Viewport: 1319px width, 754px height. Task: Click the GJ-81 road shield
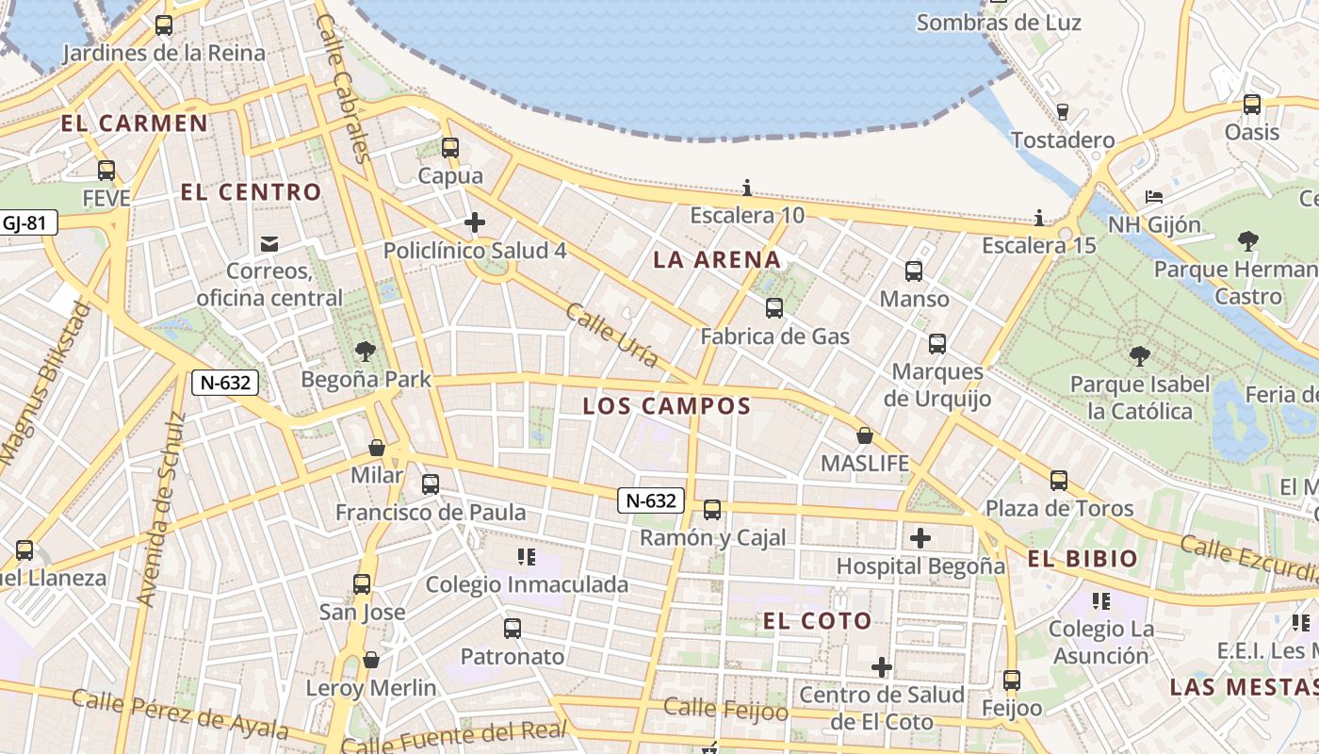tap(24, 223)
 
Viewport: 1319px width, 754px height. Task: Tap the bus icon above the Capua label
tap(450, 148)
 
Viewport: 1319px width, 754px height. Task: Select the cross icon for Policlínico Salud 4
tap(475, 223)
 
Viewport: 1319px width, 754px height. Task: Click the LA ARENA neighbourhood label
tap(717, 260)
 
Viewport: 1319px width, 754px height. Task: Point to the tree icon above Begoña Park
tap(366, 352)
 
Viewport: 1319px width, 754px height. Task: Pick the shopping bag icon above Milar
tap(377, 447)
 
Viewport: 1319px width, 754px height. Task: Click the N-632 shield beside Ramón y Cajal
tap(651, 500)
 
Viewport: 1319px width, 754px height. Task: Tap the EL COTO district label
tap(817, 621)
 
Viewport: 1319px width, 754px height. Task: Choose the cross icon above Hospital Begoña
tap(920, 538)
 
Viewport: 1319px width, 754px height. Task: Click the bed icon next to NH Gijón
tap(1154, 197)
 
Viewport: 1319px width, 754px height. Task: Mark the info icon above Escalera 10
tap(747, 188)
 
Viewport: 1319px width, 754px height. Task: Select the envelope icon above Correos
tap(269, 245)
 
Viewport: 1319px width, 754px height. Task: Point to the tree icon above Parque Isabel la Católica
tap(1140, 356)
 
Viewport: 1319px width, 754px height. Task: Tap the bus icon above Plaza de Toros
tap(1059, 481)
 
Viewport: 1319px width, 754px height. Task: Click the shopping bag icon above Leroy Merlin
tap(371, 660)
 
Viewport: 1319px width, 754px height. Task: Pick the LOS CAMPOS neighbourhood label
tap(666, 407)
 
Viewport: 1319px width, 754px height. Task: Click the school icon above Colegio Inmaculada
tap(527, 557)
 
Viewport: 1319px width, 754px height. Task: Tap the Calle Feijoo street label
tap(725, 709)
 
